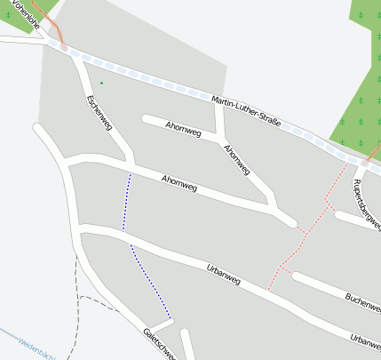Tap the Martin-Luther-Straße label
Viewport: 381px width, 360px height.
[x=247, y=111]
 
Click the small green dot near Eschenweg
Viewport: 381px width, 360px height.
[x=101, y=84]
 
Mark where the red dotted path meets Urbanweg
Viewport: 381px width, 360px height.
[x=268, y=288]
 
